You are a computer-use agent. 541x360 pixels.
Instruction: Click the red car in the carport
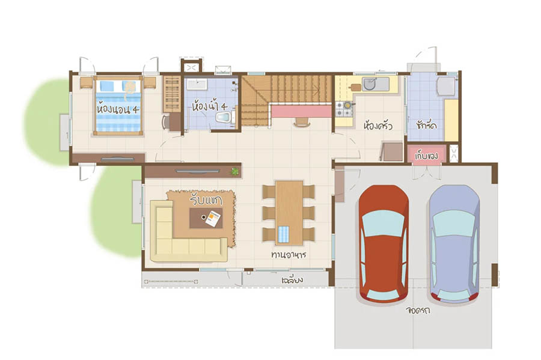tap(384, 243)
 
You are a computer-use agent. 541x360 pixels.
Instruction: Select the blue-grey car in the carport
tap(454, 243)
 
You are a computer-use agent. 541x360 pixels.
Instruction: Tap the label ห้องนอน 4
tap(118, 109)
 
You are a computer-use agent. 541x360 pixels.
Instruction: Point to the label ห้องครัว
tap(378, 125)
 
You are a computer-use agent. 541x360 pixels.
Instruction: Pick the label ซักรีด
tap(426, 124)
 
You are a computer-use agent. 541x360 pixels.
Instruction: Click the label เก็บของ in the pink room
tap(426, 156)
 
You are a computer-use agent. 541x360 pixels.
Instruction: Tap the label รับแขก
tap(206, 200)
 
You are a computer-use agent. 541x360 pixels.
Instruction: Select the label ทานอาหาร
tap(289, 254)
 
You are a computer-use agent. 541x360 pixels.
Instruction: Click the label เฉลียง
tap(292, 279)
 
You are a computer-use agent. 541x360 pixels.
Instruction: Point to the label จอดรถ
tap(418, 310)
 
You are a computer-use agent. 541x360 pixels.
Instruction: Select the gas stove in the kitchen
tap(344, 109)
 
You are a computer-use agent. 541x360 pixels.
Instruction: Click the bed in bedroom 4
tap(118, 106)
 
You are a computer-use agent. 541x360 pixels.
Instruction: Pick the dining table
tap(289, 212)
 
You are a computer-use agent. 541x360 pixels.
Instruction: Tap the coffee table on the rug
tap(206, 218)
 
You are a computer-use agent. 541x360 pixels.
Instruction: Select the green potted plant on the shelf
tap(235, 171)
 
